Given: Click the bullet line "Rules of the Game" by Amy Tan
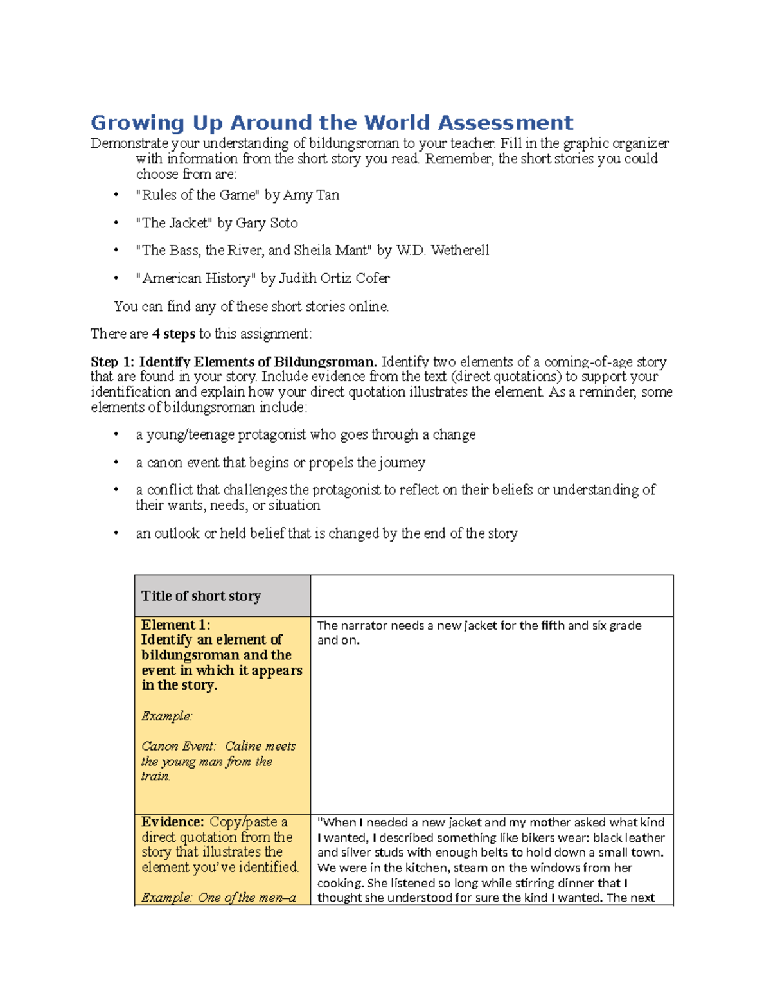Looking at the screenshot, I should click(x=237, y=195).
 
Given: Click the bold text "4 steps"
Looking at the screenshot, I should click(x=173, y=334).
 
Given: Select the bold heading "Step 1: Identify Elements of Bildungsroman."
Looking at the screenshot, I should click(x=233, y=362).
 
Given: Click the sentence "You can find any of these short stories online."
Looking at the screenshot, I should click(x=251, y=307).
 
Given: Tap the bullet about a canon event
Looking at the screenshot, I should click(x=280, y=463).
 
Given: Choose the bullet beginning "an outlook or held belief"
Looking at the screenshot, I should click(x=326, y=533).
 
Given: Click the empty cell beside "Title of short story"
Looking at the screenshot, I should click(x=492, y=596).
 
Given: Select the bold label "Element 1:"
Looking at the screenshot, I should click(x=175, y=625).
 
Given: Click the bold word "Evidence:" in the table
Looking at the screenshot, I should click(x=172, y=822).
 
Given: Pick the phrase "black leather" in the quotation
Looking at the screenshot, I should click(x=628, y=838).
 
